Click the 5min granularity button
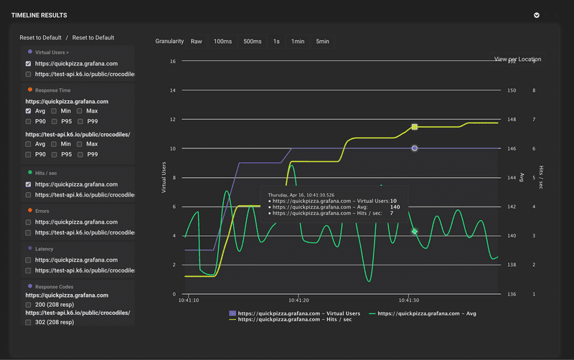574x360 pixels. pos(323,42)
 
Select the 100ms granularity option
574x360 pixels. pos(222,42)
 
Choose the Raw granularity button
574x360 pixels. pos(196,42)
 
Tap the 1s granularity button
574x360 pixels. pos(276,42)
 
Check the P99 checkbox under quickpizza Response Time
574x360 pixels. pos(80,122)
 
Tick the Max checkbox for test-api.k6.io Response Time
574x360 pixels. pos(80,143)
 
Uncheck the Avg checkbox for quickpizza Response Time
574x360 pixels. pos(29,111)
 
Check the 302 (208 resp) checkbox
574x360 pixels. pos(29,323)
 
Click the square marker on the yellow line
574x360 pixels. pos(415,127)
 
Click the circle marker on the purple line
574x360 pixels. pos(415,148)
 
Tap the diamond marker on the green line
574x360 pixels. pos(415,232)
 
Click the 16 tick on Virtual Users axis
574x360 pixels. pos(173,62)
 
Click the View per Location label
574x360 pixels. pos(518,60)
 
